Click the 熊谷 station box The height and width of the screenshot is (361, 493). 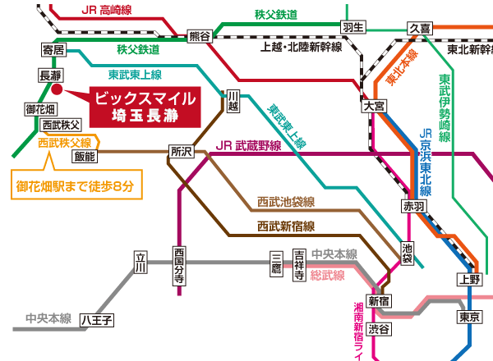point(200,35)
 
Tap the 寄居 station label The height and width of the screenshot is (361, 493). point(53,51)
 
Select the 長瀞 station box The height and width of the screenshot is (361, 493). point(51,75)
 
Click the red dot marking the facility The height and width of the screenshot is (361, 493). point(57,90)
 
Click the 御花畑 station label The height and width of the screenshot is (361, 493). point(40,109)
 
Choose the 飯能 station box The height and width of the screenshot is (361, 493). point(85,155)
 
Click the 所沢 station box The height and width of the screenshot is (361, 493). point(181,151)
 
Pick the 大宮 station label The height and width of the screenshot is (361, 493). point(372,107)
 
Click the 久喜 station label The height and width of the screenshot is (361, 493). point(420,28)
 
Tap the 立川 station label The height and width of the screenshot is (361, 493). point(140,262)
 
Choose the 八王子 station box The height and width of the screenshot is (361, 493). point(96,319)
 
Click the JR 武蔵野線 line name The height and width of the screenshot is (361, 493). point(249,146)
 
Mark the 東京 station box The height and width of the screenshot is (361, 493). point(469,318)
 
